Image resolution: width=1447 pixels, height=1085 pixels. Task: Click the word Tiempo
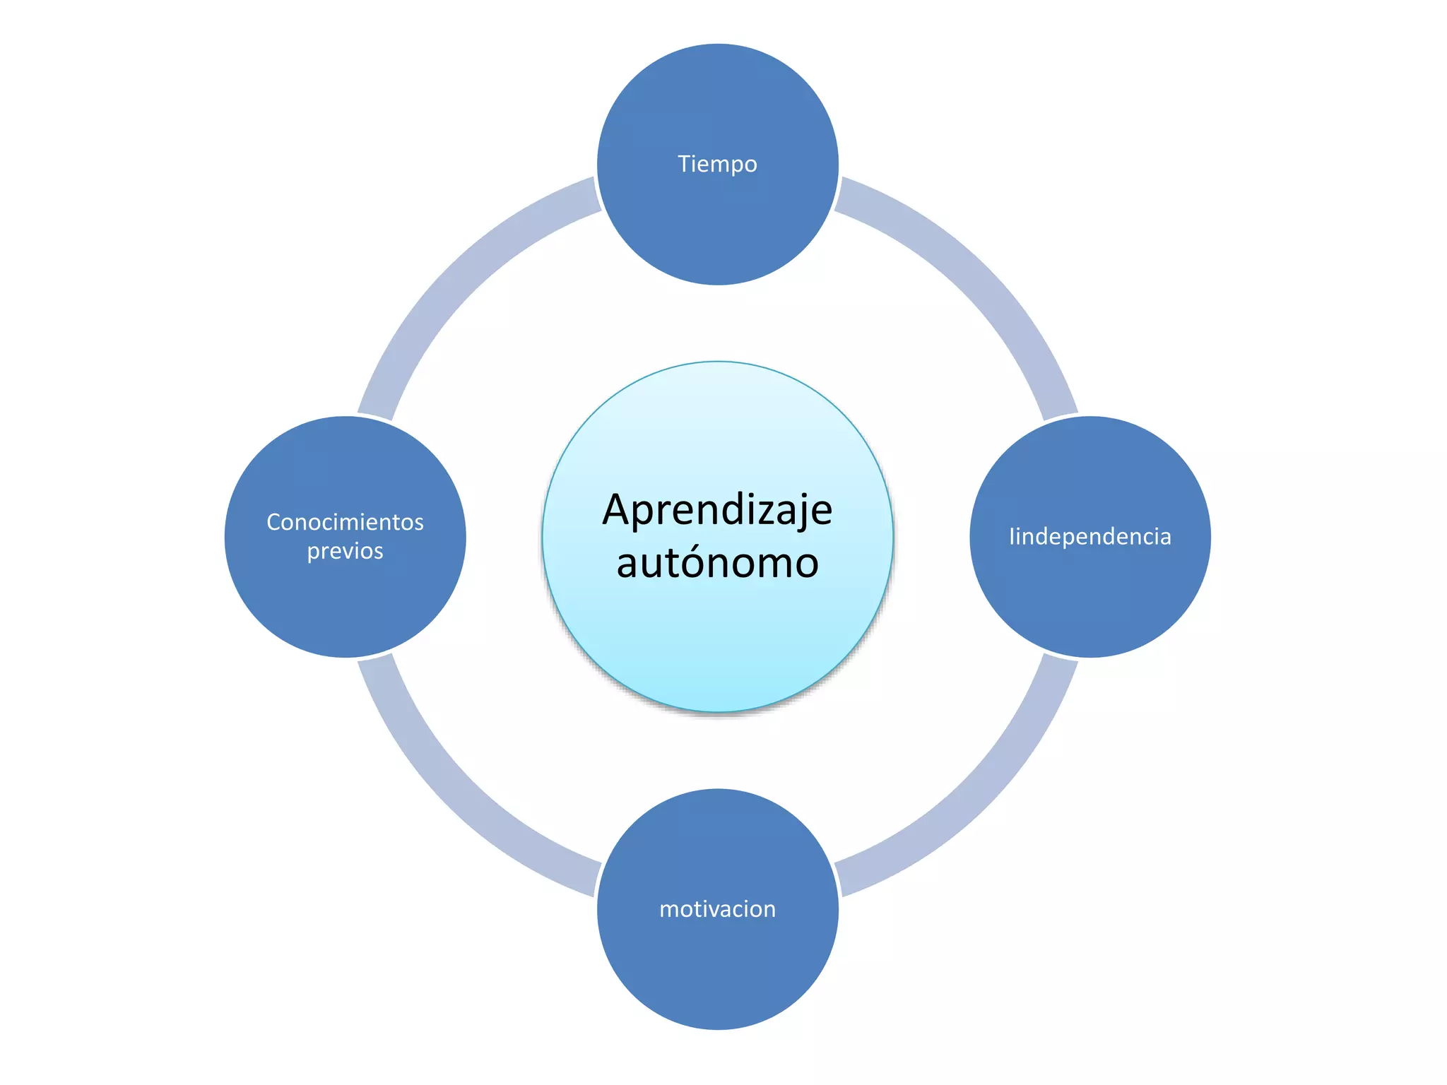click(717, 164)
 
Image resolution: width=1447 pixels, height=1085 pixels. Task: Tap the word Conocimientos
click(345, 522)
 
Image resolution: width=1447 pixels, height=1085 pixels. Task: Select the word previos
click(345, 551)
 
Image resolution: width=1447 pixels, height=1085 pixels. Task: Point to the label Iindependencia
click(1089, 536)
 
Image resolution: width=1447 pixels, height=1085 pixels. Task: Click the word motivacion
click(717, 908)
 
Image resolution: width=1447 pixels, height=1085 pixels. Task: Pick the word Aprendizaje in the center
click(717, 509)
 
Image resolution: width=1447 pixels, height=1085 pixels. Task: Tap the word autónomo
click(717, 563)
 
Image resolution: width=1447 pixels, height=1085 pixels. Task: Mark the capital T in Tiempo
click(684, 164)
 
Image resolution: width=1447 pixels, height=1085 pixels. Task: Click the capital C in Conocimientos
click(273, 522)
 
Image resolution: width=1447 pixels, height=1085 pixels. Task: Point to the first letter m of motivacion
click(668, 909)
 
